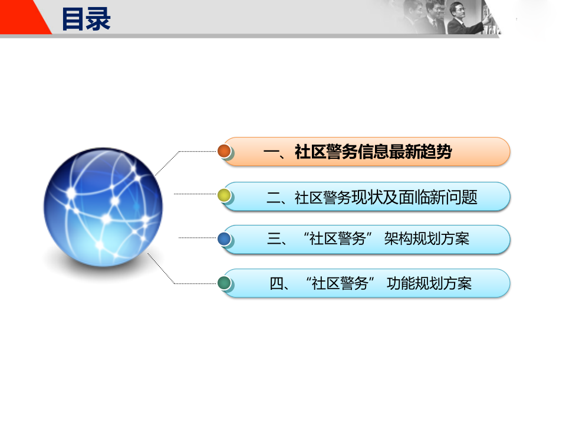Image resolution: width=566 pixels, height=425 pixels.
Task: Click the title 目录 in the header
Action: pyautogui.click(x=86, y=18)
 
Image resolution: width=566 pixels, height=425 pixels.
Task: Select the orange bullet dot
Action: pyautogui.click(x=224, y=151)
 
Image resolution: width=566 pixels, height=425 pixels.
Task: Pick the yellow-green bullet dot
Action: pyautogui.click(x=224, y=195)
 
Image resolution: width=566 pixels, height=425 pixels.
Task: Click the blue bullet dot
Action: pyautogui.click(x=224, y=239)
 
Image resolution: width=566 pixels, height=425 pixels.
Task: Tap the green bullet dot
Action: pyautogui.click(x=224, y=283)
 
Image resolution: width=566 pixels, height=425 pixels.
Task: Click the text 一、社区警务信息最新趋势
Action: pyautogui.click(x=358, y=152)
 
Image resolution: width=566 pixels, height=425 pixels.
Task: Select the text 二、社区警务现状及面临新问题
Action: pyautogui.click(x=371, y=197)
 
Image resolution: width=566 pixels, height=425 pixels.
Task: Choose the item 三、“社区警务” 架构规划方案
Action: pyautogui.click(x=368, y=239)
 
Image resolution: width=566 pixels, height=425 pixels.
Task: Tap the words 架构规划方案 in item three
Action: pyautogui.click(x=426, y=239)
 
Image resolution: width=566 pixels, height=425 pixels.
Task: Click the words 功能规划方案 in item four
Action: pyautogui.click(x=429, y=283)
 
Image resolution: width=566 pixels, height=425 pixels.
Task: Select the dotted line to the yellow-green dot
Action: pyautogui.click(x=196, y=194)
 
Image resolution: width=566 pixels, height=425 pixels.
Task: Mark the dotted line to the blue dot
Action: pyautogui.click(x=198, y=238)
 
